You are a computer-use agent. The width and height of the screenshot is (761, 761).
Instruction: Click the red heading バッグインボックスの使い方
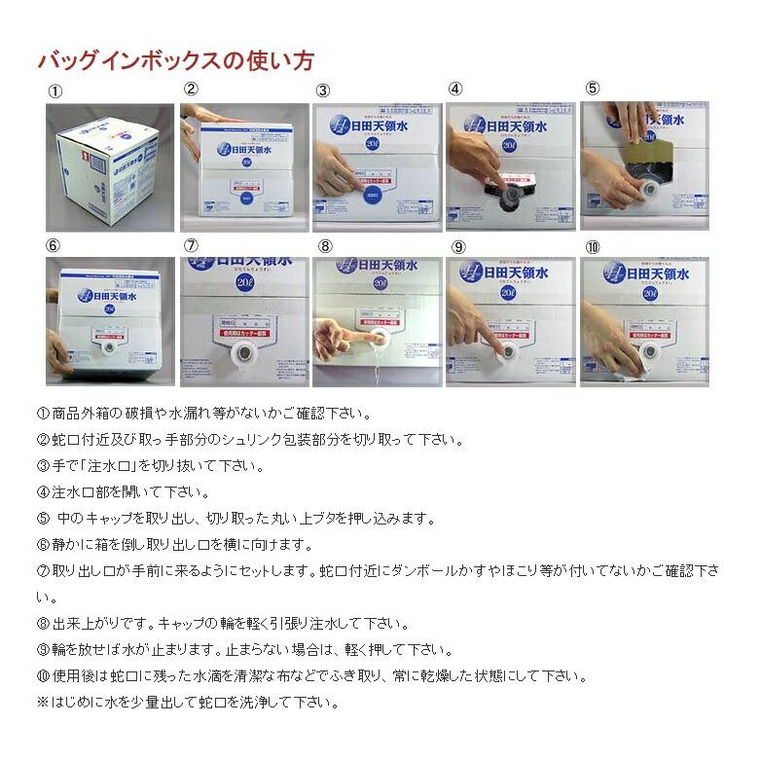click(175, 60)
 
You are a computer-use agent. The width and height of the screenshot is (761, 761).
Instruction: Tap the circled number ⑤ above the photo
click(592, 89)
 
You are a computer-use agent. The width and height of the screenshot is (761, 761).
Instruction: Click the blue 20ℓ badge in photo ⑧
click(380, 283)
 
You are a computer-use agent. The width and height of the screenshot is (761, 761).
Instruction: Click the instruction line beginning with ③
click(151, 465)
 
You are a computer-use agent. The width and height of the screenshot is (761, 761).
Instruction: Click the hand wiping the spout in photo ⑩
click(613, 341)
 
